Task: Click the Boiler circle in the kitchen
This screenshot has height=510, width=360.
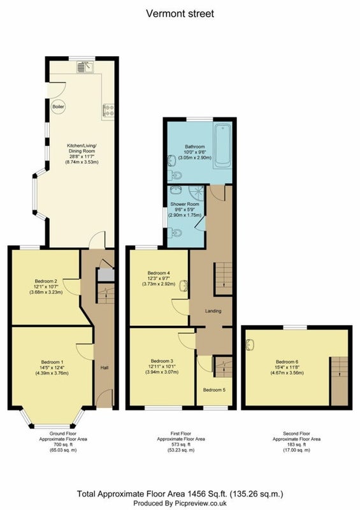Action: [59, 106]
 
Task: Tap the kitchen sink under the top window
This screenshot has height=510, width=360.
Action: [85, 67]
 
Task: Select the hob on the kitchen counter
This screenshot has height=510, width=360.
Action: [108, 110]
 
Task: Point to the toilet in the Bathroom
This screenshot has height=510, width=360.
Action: [175, 175]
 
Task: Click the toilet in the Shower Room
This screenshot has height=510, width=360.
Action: [175, 232]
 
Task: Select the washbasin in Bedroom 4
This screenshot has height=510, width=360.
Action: [184, 286]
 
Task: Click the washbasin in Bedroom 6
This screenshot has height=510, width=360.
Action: [250, 345]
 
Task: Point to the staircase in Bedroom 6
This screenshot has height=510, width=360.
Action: [339, 381]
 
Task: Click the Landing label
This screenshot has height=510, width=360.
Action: [213, 311]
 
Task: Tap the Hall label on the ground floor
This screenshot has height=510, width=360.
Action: [104, 368]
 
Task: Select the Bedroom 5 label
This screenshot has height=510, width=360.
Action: [214, 390]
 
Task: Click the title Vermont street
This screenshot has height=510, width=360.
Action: [180, 13]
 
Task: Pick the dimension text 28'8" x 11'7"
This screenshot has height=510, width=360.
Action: [82, 156]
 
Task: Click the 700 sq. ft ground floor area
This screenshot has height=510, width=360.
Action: [63, 444]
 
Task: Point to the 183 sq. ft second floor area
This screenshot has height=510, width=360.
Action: [296, 444]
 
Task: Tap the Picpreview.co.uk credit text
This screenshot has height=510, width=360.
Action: [180, 503]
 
